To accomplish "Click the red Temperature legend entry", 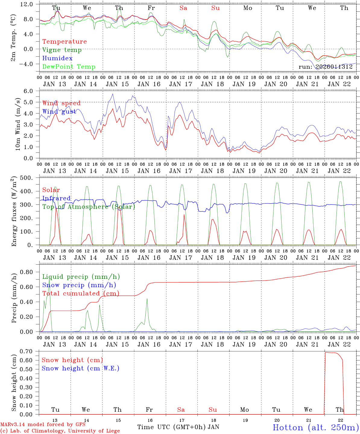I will point(64,42).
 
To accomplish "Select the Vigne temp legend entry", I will point(62,50).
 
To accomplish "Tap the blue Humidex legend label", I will point(53,58).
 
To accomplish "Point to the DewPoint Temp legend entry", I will point(69,67).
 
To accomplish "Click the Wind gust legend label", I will point(59,112).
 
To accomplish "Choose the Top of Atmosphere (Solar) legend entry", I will point(88,207).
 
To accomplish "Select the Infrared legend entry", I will point(56,198).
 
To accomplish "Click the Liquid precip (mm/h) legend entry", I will point(81,277).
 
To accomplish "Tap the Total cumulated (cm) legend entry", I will point(81,294).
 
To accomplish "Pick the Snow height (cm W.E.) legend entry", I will point(81,368).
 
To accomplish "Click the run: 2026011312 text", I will point(325,67).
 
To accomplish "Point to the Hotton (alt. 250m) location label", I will point(315,427).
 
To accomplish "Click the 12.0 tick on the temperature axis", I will point(30,4).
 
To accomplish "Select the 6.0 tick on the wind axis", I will point(32,91).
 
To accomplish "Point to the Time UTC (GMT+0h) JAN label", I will point(178,427).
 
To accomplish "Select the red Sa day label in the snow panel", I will point(181,410).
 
